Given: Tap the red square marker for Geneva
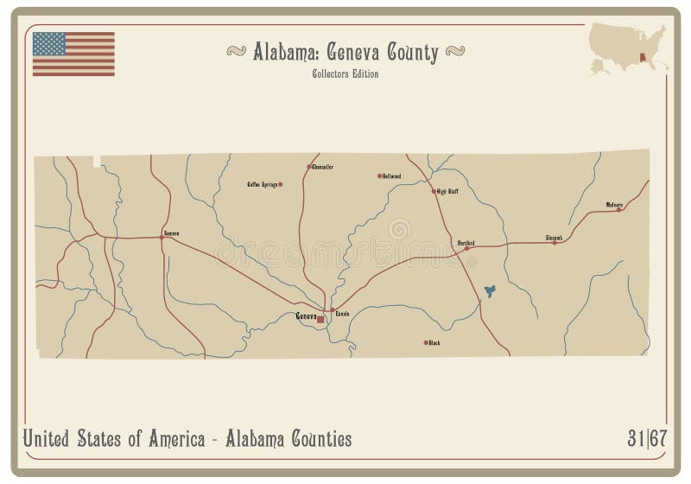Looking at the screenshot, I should (320, 319).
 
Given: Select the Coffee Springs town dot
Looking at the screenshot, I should (280, 184).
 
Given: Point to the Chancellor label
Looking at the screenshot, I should (322, 166).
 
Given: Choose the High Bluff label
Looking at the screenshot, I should (447, 191).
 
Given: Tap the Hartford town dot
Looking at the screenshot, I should (467, 249).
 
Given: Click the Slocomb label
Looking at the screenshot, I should (554, 237).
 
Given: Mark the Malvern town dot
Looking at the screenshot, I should (618, 210).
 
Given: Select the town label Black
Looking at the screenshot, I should (434, 343).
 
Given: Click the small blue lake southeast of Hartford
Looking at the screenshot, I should (491, 291).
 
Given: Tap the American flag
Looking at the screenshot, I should (73, 54).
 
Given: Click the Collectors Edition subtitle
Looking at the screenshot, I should (345, 73).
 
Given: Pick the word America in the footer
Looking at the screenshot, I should (170, 439).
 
